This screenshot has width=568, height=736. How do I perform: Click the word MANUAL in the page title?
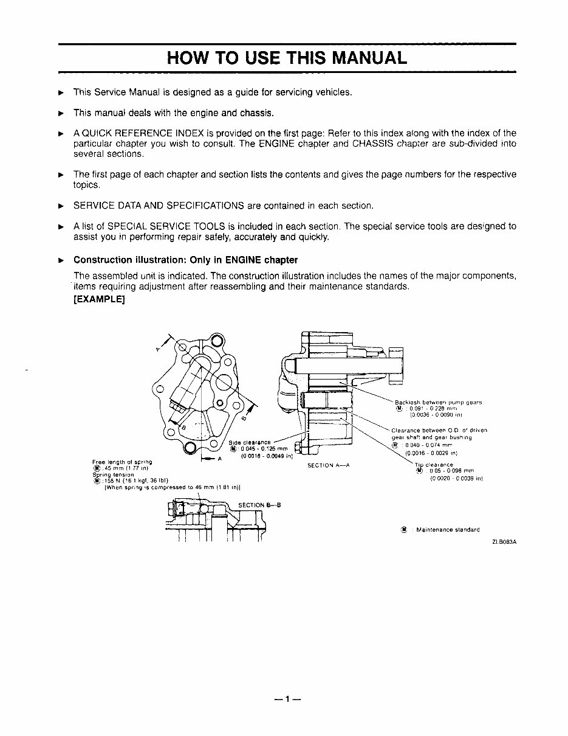click(x=363, y=58)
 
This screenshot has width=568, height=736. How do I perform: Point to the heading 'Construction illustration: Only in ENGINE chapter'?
click(x=185, y=260)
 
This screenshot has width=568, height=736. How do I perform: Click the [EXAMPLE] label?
click(x=99, y=299)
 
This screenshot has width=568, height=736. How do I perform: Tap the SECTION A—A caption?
click(x=328, y=465)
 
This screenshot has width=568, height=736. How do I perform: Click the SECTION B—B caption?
click(x=259, y=505)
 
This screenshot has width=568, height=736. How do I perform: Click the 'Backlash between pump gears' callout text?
click(x=438, y=402)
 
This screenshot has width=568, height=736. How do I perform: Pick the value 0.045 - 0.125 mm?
click(x=259, y=449)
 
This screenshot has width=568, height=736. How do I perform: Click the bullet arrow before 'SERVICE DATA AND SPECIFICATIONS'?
click(x=60, y=206)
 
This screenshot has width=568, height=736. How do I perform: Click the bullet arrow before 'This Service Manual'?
click(x=60, y=92)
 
